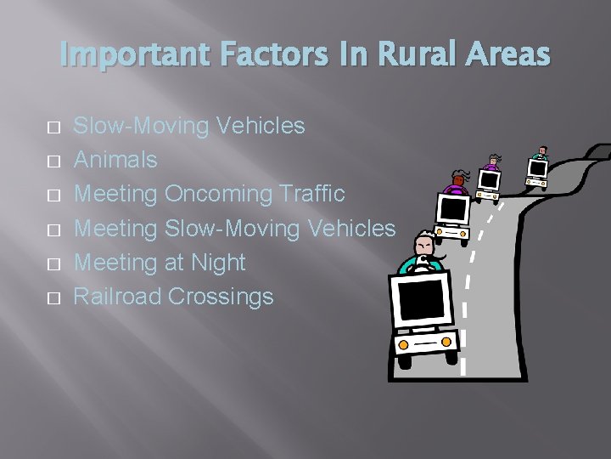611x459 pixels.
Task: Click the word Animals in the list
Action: [x=115, y=160]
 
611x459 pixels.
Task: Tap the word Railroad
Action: [x=118, y=296]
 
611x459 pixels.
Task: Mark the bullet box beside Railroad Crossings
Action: [x=53, y=297]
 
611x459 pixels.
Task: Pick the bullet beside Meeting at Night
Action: [x=53, y=263]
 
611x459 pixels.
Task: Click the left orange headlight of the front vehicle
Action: [x=404, y=345]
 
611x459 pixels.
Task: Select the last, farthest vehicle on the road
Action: [x=539, y=169]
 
